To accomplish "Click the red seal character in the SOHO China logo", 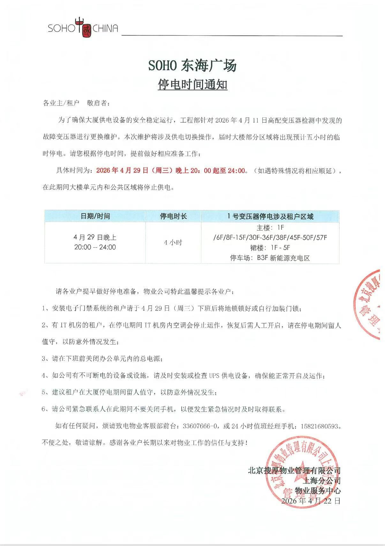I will pos(84,28).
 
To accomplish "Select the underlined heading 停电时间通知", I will pos(192,85).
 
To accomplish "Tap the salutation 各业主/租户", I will pos(61,103).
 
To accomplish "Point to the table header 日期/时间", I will pos(95,216).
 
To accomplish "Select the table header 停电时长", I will pos(173,216).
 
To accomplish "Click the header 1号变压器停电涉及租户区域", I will pos(270,216).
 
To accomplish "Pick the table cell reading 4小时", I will pos(173,242).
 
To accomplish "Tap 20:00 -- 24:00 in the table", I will pos(95,247).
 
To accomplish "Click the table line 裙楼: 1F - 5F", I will pos(270,248).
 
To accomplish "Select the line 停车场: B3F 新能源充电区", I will pos(270,258).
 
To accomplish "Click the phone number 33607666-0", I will pos(201,426).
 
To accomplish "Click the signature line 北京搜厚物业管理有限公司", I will pos(294,470).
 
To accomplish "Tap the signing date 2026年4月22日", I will pos(311,501).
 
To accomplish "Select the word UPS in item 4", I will pos(214,376).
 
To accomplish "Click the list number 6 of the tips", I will pos(44,409).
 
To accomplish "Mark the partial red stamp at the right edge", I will pos(370,303).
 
